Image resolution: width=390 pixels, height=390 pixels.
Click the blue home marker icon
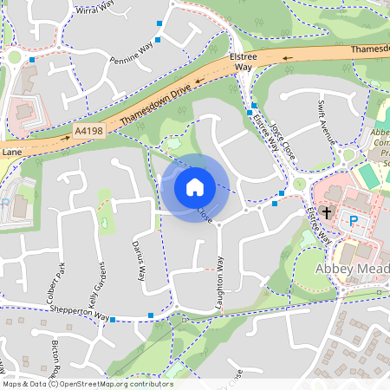[195, 186]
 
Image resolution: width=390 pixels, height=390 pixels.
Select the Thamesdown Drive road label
[156, 102]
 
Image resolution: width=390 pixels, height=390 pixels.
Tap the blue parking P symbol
[353, 221]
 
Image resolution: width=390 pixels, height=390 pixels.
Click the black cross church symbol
[327, 212]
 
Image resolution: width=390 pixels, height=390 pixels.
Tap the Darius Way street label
[139, 260]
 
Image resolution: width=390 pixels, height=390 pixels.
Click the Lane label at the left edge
[11, 152]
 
